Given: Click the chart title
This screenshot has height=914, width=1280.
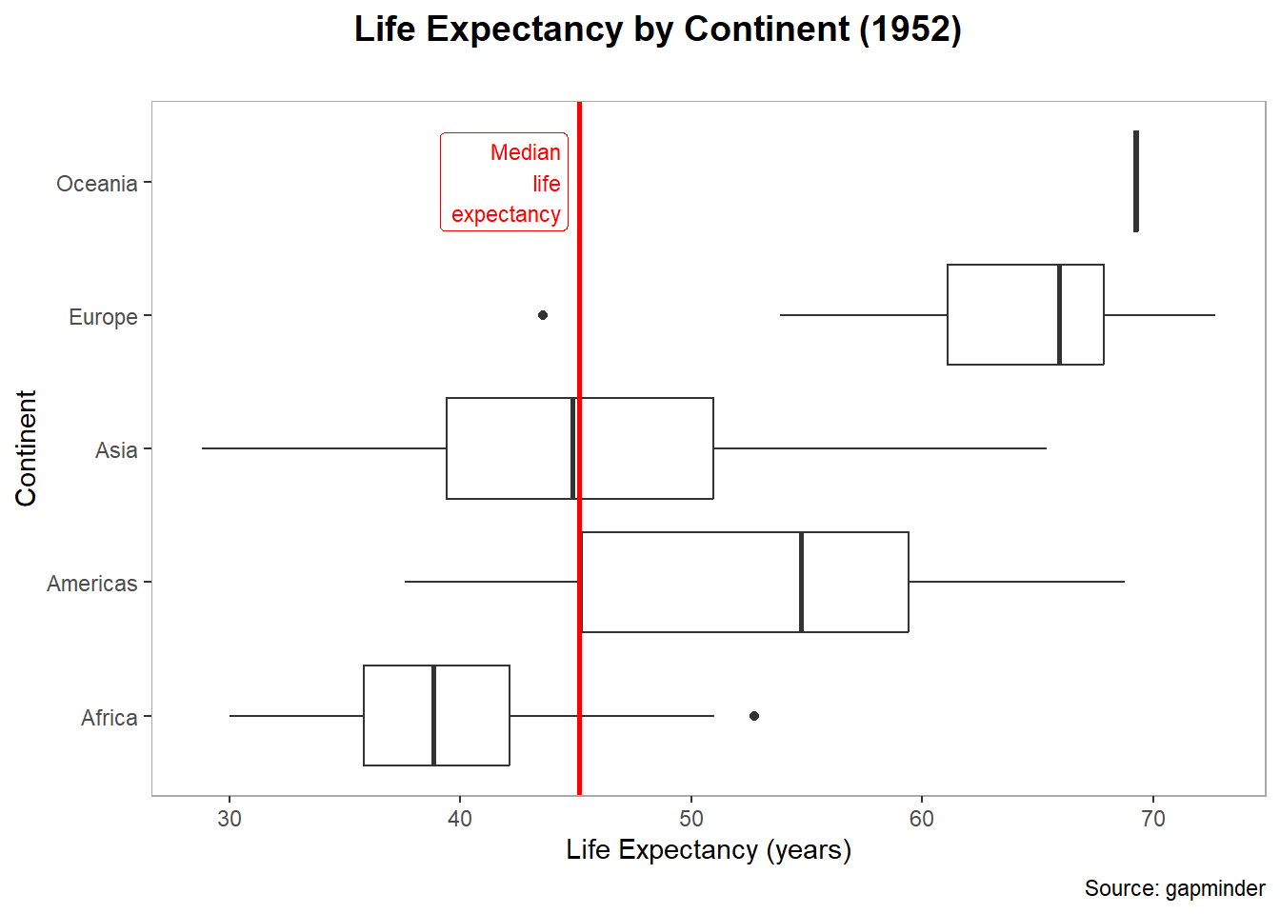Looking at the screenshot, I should [x=657, y=30].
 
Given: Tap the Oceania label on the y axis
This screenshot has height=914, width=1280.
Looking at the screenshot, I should [x=96, y=184].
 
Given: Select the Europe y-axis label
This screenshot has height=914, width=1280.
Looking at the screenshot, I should [x=103, y=317].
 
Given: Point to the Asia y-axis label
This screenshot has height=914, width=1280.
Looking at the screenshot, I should [x=116, y=450].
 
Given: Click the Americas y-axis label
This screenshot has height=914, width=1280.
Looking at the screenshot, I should [x=91, y=584].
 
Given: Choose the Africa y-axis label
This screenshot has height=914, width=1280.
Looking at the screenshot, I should [x=109, y=718].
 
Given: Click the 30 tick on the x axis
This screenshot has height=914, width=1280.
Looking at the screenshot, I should [x=230, y=819].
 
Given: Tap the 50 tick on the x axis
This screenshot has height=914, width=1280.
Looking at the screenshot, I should [x=691, y=819].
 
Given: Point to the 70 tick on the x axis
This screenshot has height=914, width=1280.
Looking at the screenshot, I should [x=1152, y=819].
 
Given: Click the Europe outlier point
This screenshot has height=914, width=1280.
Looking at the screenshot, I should [x=543, y=315].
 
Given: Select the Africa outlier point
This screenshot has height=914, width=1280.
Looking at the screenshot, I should [x=754, y=716].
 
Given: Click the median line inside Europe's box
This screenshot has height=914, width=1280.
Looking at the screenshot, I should [x=1059, y=314].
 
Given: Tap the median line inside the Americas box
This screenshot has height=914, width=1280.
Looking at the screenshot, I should [x=801, y=582].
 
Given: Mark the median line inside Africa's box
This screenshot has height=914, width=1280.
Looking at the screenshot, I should [x=433, y=715].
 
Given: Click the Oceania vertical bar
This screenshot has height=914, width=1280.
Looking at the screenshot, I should [x=1136, y=181].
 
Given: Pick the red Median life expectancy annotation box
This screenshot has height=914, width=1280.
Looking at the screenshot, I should [x=504, y=182].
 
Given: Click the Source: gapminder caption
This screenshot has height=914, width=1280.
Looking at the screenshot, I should [x=1174, y=888].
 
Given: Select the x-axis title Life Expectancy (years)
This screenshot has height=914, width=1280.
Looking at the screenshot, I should [x=709, y=849].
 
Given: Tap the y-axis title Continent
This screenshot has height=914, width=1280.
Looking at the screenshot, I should [x=26, y=447].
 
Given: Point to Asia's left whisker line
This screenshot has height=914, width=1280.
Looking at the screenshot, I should [x=324, y=448].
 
